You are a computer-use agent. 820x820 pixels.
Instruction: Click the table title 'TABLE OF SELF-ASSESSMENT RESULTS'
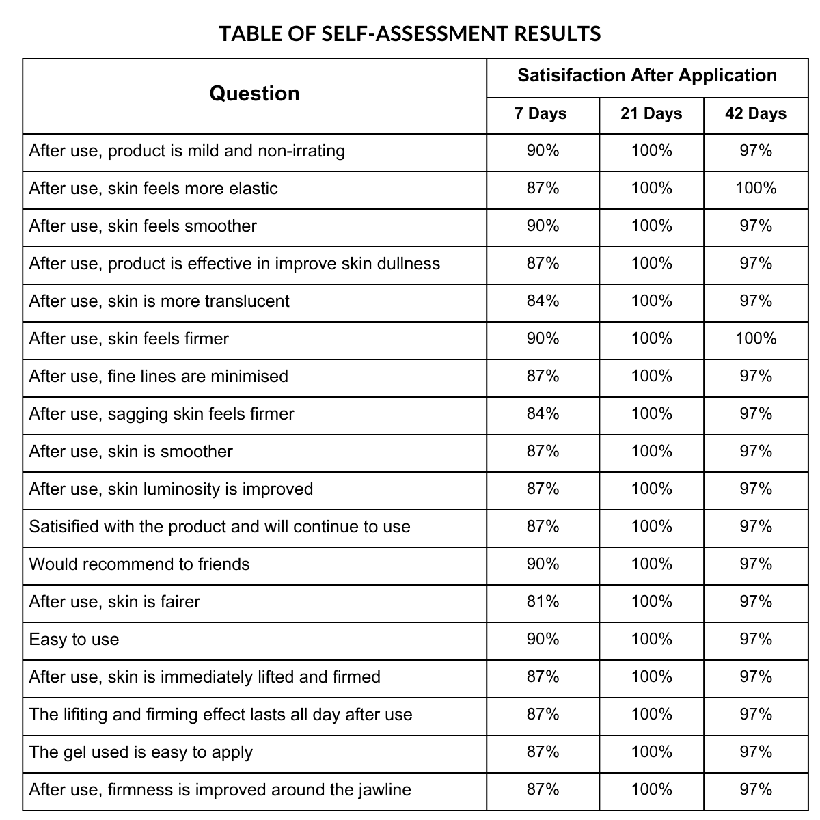410,33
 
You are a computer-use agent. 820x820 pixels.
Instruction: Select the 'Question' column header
254,94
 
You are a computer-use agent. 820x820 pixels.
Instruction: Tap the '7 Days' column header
541,113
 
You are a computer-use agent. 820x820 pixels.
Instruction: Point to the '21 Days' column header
651,113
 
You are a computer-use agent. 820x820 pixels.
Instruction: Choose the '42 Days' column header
756,113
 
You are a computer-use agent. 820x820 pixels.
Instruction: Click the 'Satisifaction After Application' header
647,75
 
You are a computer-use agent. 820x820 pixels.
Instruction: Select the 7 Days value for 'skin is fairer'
543,602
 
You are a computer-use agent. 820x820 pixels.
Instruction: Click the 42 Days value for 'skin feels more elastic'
756,189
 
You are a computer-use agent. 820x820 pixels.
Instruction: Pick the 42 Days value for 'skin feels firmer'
756,339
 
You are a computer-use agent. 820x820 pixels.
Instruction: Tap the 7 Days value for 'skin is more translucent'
543,301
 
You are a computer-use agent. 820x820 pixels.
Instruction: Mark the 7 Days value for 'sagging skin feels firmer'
543,414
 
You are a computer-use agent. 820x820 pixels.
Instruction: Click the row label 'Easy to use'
74,640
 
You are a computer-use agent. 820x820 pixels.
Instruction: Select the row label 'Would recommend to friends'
139,564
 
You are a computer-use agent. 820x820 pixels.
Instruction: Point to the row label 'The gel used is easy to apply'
141,752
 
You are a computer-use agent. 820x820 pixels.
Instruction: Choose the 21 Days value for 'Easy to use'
651,640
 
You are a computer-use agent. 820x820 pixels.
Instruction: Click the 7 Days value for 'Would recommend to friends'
543,564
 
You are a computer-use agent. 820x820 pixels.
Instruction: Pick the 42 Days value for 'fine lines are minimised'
756,377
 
